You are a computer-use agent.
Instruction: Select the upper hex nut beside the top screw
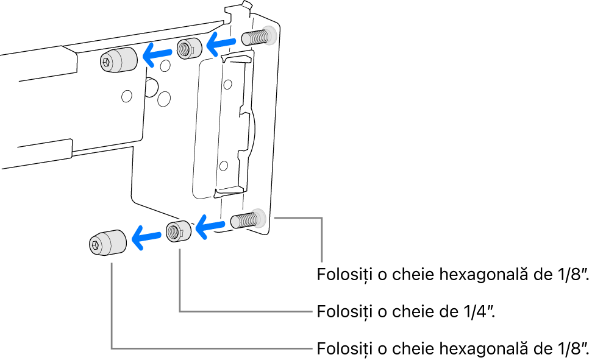point(189,49)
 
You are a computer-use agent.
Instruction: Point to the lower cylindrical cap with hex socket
point(107,244)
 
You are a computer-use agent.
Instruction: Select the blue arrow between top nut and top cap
point(157,55)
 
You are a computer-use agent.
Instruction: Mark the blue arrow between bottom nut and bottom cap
point(146,236)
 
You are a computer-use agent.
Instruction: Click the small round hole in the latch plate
point(224,164)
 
